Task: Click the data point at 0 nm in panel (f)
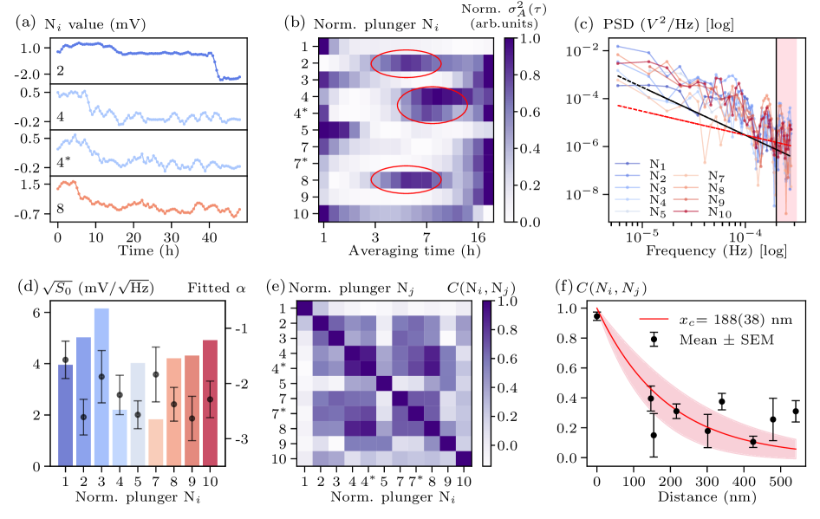point(596,316)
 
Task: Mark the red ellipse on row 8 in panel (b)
point(406,178)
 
